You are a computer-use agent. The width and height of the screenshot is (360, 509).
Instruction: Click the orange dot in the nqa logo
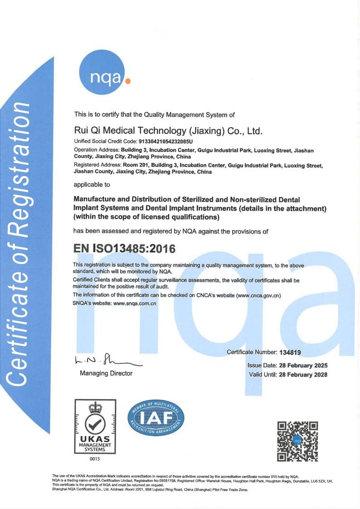point(128,83)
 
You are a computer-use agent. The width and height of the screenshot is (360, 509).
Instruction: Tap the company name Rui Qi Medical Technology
point(168,131)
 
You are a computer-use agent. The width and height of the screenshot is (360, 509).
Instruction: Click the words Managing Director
point(106,373)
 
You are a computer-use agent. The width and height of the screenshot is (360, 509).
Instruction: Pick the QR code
point(297,441)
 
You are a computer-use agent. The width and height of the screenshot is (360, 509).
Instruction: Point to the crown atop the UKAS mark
point(95,407)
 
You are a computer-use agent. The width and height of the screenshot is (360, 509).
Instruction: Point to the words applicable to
point(91,185)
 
